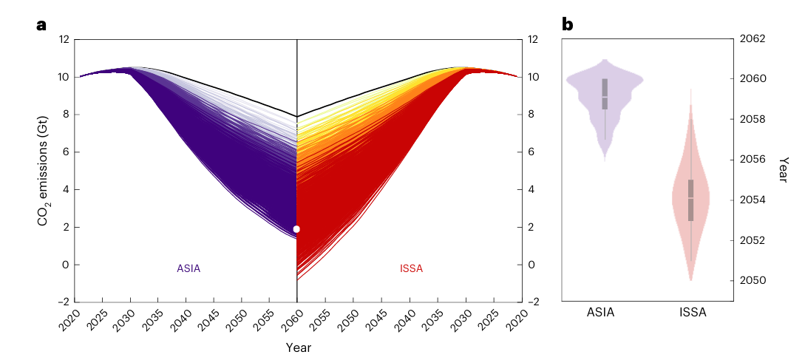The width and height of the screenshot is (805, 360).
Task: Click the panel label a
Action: [41, 25]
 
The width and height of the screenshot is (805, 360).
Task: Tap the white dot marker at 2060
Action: [296, 229]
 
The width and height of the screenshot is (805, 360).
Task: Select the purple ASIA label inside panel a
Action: [188, 269]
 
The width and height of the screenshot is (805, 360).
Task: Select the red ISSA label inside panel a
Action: [410, 269]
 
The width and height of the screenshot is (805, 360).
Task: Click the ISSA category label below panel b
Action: [692, 313]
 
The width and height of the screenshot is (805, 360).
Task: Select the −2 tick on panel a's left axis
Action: [65, 302]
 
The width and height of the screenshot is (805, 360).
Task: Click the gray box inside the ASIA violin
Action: [605, 94]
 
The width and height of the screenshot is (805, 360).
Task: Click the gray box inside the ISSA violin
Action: [691, 200]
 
